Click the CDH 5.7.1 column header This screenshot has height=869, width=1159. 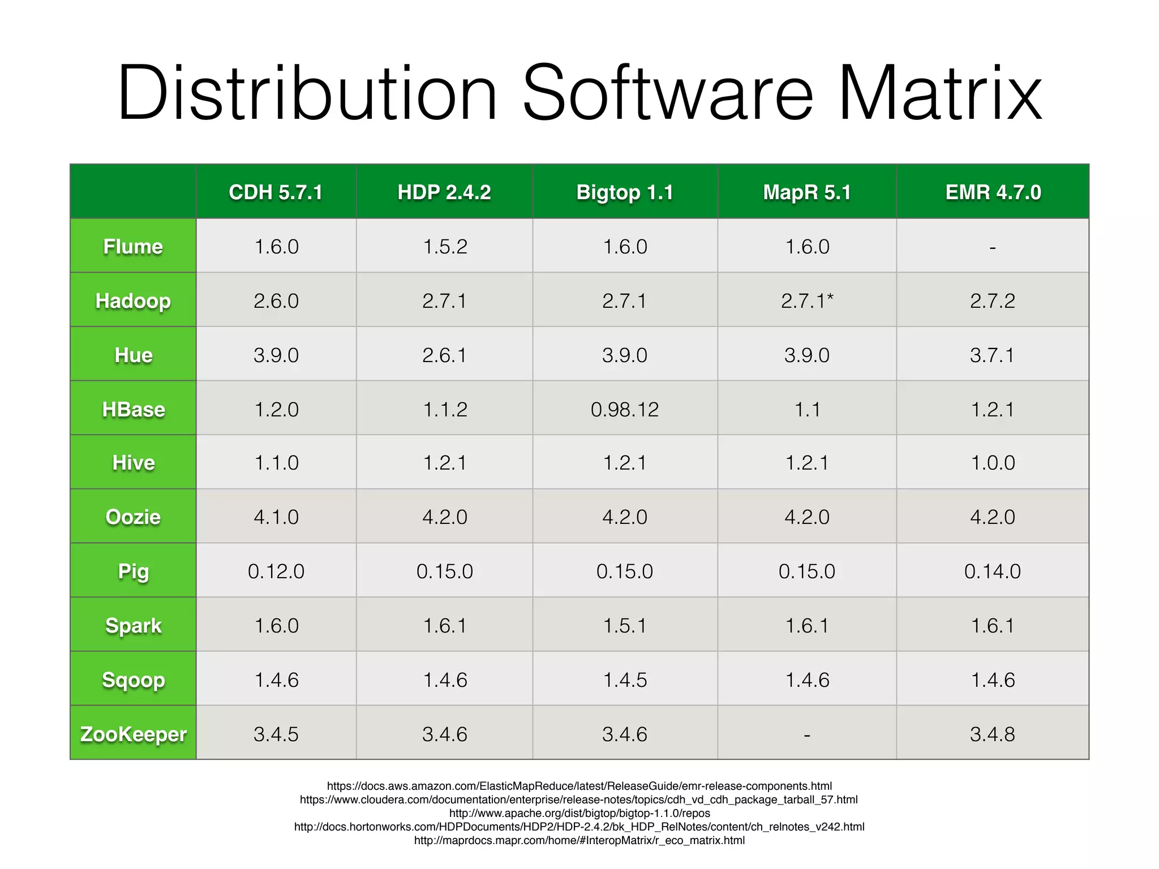point(276,192)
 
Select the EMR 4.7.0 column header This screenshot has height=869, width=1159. point(993,192)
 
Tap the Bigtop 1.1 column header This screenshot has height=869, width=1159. point(625,192)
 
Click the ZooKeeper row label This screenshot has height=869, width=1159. point(133,734)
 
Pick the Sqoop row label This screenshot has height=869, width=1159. point(133,679)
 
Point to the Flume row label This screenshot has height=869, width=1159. point(133,247)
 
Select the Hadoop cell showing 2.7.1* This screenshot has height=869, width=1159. point(807,300)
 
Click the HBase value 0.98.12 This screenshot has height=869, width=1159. point(625,409)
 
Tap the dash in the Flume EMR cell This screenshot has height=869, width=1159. point(993,247)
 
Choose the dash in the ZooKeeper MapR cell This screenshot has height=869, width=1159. point(807,735)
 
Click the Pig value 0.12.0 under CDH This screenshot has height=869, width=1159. point(276,571)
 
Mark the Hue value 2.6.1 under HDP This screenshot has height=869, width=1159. point(444,355)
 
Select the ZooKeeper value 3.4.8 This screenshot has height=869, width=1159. point(993,734)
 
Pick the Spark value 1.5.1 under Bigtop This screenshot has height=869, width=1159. point(625,625)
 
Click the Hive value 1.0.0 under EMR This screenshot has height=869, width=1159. point(993,463)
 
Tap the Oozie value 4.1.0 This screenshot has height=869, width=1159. point(276,517)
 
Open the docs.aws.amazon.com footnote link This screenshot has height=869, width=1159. point(579,786)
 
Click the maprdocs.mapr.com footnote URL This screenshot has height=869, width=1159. point(579,840)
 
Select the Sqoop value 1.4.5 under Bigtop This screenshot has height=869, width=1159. point(625,679)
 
